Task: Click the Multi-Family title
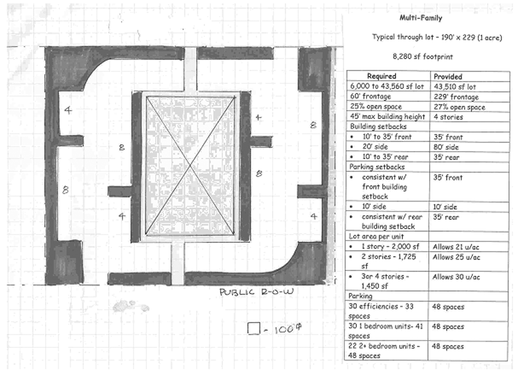pyautogui.click(x=421, y=18)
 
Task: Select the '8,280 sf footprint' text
pyautogui.click(x=423, y=57)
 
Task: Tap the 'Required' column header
pyautogui.click(x=382, y=76)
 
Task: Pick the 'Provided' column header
pyautogui.click(x=448, y=76)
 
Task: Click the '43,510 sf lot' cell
pyautogui.click(x=455, y=87)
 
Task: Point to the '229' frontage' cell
pyautogui.click(x=456, y=97)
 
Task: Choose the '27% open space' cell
pyautogui.click(x=459, y=107)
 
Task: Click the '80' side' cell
pyautogui.click(x=446, y=147)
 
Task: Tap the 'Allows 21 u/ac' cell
pyautogui.click(x=456, y=247)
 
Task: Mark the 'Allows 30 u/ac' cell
pyautogui.click(x=456, y=277)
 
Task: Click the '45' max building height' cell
pyautogui.click(x=387, y=117)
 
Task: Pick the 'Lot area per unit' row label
pyautogui.click(x=376, y=236)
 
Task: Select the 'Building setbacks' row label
pyautogui.click(x=378, y=126)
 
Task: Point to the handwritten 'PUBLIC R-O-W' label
pyautogui.click(x=256, y=292)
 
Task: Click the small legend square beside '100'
pyautogui.click(x=254, y=328)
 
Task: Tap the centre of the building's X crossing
pyautogui.click(x=190, y=166)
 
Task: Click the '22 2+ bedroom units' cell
pyautogui.click(x=384, y=351)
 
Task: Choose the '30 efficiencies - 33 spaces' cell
pyautogui.click(x=381, y=311)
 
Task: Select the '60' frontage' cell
pyautogui.click(x=370, y=97)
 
